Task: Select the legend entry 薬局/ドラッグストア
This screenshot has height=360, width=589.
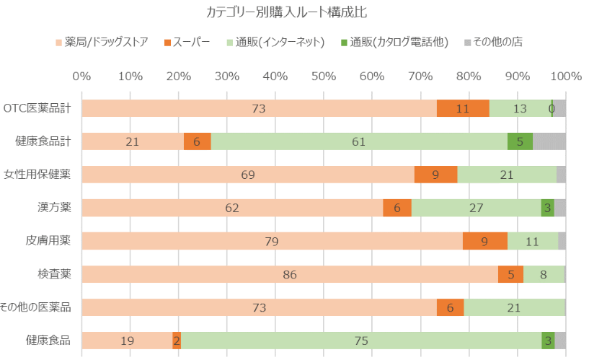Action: (106, 42)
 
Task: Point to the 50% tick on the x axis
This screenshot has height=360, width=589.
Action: (324, 76)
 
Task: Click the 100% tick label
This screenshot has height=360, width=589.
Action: (565, 76)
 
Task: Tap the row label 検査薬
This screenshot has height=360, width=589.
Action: (55, 274)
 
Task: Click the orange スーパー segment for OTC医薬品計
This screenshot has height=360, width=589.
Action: (463, 108)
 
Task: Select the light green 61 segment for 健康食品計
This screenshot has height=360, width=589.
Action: (359, 141)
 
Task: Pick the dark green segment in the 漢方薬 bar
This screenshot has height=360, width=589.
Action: (548, 208)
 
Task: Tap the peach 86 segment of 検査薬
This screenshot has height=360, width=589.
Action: (290, 274)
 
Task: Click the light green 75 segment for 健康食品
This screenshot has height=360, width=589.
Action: (360, 341)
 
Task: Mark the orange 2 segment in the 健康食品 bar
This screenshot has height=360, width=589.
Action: (177, 341)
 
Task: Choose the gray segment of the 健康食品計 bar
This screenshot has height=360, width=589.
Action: (549, 141)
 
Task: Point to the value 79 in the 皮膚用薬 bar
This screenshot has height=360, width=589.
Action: (272, 241)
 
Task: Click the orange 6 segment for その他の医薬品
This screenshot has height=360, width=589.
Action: (450, 307)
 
